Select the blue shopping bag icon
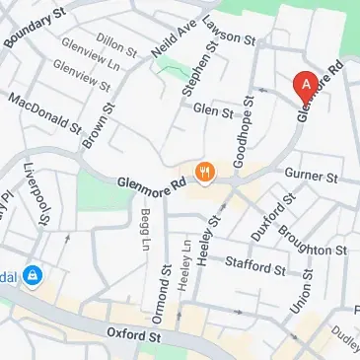33,274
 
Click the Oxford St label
134,336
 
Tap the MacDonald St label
45,114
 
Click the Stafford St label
254,266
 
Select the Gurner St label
312,177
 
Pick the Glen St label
213,110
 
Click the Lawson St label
228,34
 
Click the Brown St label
95,128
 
